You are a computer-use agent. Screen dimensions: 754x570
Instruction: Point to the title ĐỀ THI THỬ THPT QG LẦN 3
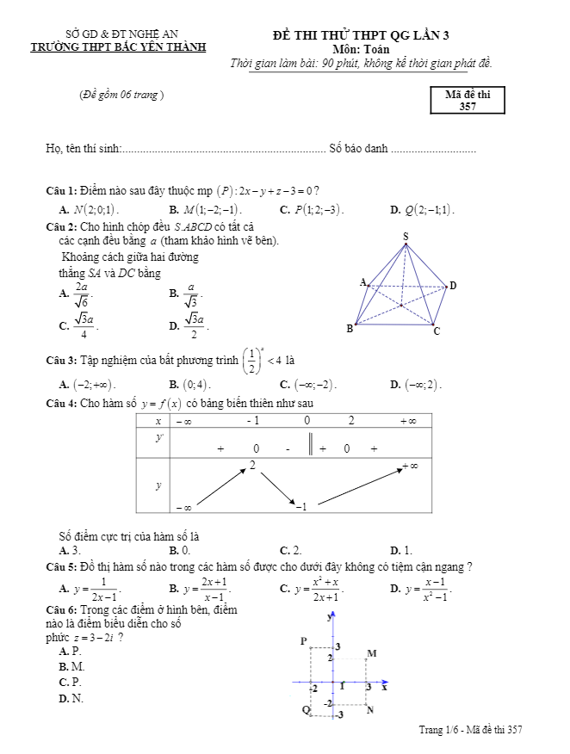pos(361,35)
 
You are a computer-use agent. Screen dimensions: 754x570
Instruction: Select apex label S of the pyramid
pos(405,235)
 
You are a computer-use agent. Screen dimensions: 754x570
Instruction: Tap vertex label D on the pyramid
pos(453,286)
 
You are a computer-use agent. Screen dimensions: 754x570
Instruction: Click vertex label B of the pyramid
pos(349,328)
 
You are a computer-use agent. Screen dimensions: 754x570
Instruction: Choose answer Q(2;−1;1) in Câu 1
pos(428,209)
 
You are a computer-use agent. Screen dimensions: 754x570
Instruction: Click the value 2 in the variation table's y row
pos(252,465)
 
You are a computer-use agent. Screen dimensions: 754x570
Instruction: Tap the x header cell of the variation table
pos(158,421)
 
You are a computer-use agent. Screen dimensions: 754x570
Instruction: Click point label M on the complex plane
pos(372,653)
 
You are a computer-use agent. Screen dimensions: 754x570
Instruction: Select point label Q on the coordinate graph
pos(305,710)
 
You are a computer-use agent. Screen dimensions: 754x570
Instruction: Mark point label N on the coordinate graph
pos(370,710)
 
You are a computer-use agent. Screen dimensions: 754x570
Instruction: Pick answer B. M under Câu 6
pos(71,666)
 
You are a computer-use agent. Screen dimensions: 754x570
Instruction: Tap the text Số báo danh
pos(358,149)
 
